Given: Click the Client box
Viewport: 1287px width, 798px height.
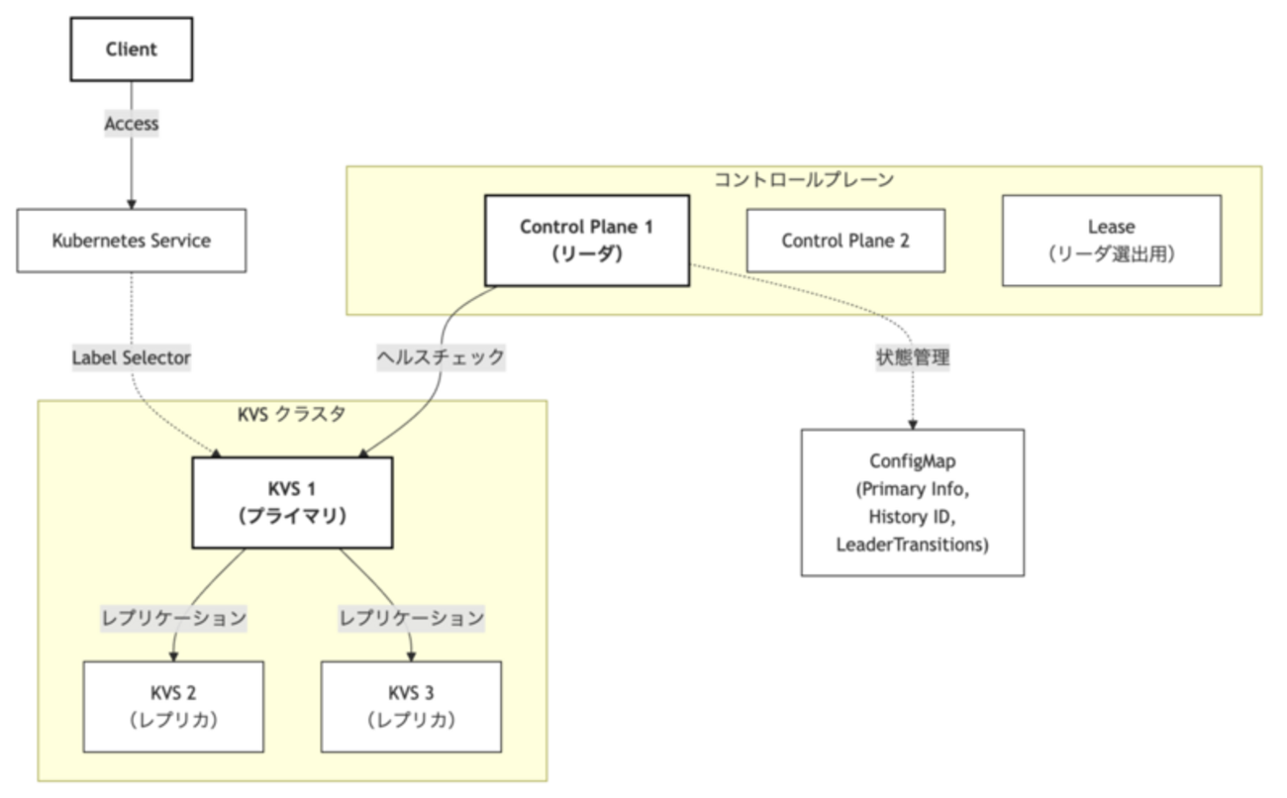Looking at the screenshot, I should pyautogui.click(x=131, y=49).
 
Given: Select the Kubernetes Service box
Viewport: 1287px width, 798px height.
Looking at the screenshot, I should pyautogui.click(x=131, y=241).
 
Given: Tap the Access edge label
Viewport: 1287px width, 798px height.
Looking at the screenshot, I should pyautogui.click(x=131, y=124).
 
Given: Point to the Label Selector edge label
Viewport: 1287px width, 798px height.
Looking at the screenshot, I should pyautogui.click(x=131, y=357).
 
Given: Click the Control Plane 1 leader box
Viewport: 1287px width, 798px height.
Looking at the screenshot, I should pyautogui.click(x=586, y=240).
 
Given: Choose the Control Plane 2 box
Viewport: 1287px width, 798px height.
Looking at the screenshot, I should pyautogui.click(x=844, y=240).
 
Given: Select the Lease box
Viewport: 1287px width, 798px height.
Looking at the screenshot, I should pyautogui.click(x=1111, y=241).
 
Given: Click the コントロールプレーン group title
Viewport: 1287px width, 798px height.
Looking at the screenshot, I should pyautogui.click(x=803, y=179).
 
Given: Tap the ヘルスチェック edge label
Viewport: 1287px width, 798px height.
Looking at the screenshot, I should pyautogui.click(x=441, y=357).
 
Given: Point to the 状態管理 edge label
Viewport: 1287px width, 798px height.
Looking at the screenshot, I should pyautogui.click(x=912, y=357).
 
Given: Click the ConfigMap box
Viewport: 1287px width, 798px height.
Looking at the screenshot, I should pyautogui.click(x=912, y=502).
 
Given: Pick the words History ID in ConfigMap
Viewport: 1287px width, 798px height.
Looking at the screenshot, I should pyautogui.click(x=912, y=516).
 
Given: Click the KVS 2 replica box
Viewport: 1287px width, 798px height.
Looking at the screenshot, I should pyautogui.click(x=173, y=706).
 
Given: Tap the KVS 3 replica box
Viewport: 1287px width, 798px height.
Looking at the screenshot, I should pyautogui.click(x=411, y=706).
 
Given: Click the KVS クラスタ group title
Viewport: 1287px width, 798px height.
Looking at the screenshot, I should pyautogui.click(x=292, y=414).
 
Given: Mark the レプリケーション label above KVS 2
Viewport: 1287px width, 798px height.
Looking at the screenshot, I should pyautogui.click(x=173, y=619).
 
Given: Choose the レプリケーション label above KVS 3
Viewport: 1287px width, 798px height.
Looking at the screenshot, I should pyautogui.click(x=411, y=619).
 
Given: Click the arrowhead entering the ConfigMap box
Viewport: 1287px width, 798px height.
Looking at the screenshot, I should pyautogui.click(x=912, y=424).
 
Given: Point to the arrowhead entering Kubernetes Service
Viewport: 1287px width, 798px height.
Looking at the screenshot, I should pyautogui.click(x=131, y=203).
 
